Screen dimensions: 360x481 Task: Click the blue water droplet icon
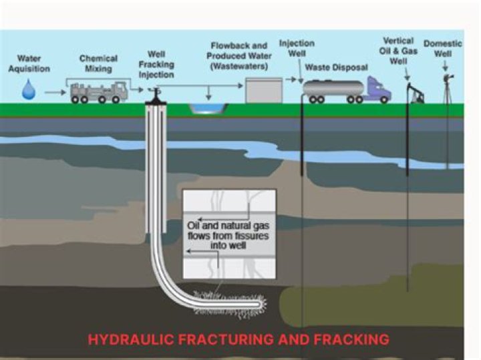pyautogui.click(x=28, y=89)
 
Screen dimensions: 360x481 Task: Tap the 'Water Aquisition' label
pyautogui.click(x=29, y=63)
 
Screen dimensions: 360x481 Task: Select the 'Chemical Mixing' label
pyautogui.click(x=98, y=63)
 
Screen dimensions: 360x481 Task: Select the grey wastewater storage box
pyautogui.click(x=261, y=90)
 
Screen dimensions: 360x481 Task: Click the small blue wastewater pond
pyautogui.click(x=203, y=108)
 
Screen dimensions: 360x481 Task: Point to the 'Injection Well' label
pyautogui.click(x=296, y=49)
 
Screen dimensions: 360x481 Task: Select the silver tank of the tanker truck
pyautogui.click(x=334, y=87)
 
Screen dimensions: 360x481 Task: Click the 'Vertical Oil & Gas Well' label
pyautogui.click(x=398, y=49)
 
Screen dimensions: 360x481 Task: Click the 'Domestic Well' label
pyautogui.click(x=443, y=49)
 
